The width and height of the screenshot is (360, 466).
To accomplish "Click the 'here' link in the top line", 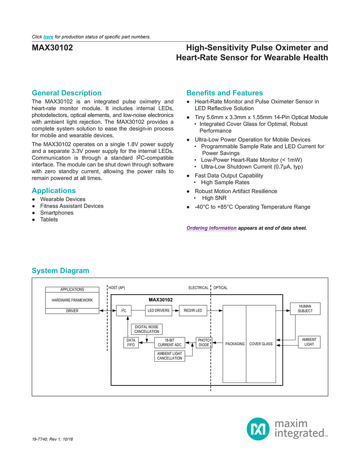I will (x=49, y=37).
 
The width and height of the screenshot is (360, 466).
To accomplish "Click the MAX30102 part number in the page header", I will (x=52, y=48).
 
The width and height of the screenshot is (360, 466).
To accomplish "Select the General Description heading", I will (x=66, y=93).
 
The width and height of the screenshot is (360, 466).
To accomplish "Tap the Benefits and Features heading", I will (x=225, y=93).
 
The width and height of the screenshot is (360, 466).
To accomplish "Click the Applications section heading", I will (x=53, y=191).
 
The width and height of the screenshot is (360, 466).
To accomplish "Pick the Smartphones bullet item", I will (x=57, y=213).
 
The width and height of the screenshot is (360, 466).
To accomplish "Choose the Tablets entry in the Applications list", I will (x=49, y=219).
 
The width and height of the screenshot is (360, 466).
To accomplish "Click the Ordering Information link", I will (x=212, y=228).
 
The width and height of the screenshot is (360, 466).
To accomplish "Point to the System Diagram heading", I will (x=60, y=270).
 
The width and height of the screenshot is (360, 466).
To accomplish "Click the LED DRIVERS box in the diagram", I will (x=159, y=310).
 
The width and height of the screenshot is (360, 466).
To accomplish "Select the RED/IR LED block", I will (x=193, y=310).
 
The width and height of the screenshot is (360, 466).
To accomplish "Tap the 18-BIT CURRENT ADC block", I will (x=170, y=342).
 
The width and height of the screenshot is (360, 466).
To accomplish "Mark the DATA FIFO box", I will (x=131, y=342).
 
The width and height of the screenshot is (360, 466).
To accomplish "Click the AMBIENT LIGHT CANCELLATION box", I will (x=169, y=356).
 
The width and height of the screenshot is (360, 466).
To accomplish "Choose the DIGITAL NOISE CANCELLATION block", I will (x=147, y=329).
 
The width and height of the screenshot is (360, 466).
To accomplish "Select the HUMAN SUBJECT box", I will (x=305, y=308).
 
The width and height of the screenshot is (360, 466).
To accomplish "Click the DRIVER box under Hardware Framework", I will (x=72, y=311).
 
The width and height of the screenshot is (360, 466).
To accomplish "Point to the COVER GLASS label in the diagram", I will (x=261, y=344).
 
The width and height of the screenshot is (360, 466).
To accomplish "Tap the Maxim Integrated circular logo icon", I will (x=258, y=429).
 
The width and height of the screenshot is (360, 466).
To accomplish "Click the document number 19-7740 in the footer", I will (x=41, y=439).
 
